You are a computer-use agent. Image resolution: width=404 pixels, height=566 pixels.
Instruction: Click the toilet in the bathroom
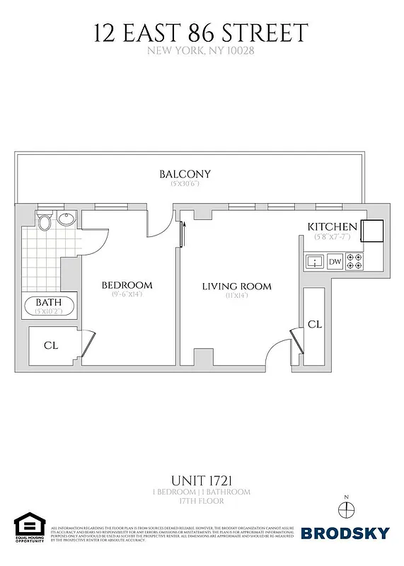pos(44,222)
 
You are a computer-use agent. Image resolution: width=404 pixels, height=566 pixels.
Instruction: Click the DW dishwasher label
pos(335,262)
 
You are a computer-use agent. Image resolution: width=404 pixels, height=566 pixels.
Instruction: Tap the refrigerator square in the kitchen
pos(372,231)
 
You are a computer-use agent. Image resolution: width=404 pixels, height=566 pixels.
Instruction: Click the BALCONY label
pos(185,174)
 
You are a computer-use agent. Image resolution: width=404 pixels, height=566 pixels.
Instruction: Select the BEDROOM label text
pos(127,285)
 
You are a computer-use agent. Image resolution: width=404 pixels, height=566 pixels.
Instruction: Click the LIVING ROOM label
pos(236,287)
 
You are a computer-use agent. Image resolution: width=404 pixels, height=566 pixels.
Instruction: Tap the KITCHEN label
pos(332,226)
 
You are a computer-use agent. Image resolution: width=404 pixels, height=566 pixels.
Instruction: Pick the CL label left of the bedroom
pos(51,346)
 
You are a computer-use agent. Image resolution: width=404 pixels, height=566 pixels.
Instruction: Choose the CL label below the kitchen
pos(315,324)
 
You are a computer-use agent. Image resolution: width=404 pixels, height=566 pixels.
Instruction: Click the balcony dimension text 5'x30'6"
pos(185,184)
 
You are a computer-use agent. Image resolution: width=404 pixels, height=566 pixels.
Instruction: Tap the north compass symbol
pos(345,508)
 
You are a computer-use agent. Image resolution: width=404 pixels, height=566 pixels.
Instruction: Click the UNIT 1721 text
pos(201,480)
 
